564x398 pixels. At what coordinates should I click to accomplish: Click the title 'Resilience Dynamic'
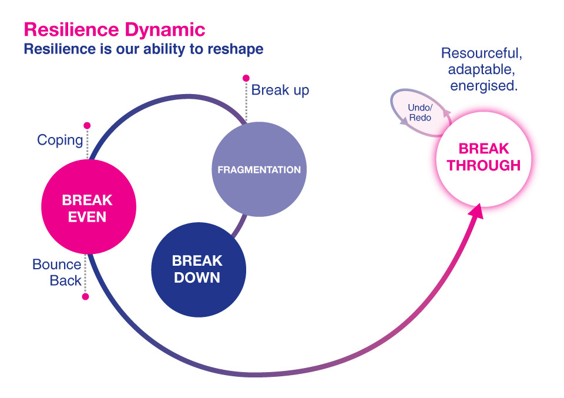114,29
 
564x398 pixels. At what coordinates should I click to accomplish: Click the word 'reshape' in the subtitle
236,49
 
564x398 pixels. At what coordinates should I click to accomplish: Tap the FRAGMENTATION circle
258,170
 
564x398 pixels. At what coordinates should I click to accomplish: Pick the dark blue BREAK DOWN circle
198,269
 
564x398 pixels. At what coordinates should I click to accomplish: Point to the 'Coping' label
60,140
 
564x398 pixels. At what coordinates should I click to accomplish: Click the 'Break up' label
280,91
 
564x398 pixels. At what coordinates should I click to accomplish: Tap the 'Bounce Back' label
57,272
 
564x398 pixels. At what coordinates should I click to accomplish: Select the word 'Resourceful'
481,53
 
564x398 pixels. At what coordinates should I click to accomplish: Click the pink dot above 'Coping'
87,125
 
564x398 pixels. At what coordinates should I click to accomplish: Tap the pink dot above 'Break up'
246,78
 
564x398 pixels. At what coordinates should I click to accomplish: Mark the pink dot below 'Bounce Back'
85,297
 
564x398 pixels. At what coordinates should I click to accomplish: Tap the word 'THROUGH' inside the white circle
483,166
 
